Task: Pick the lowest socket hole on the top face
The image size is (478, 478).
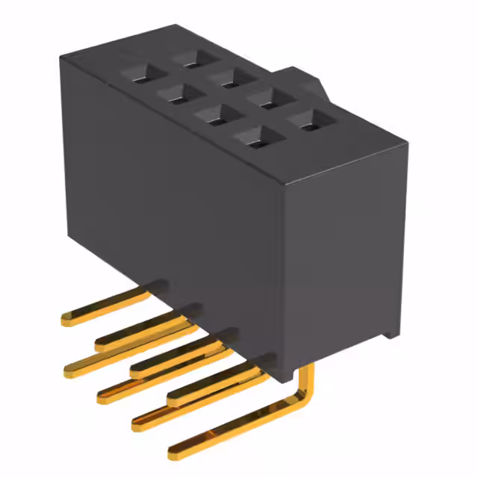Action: [x=252, y=136]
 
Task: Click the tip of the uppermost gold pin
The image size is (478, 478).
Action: [x=66, y=319]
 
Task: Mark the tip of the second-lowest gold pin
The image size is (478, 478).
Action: [x=137, y=423]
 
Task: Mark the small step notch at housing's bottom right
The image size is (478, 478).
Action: [x=390, y=332]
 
